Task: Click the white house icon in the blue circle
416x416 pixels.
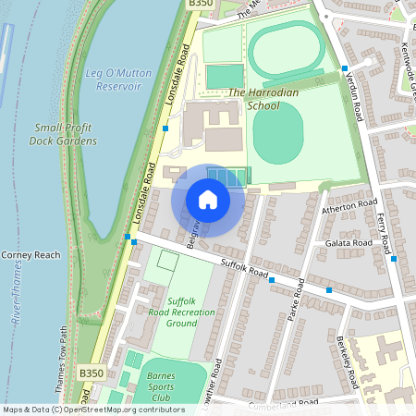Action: click(208, 200)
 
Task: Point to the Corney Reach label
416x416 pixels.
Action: click(31, 255)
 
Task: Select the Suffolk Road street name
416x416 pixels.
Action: click(244, 269)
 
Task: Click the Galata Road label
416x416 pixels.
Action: click(349, 243)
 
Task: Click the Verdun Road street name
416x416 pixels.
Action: click(355, 98)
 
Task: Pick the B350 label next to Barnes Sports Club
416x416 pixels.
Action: click(91, 373)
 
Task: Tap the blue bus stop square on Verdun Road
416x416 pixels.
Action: click(344, 69)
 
